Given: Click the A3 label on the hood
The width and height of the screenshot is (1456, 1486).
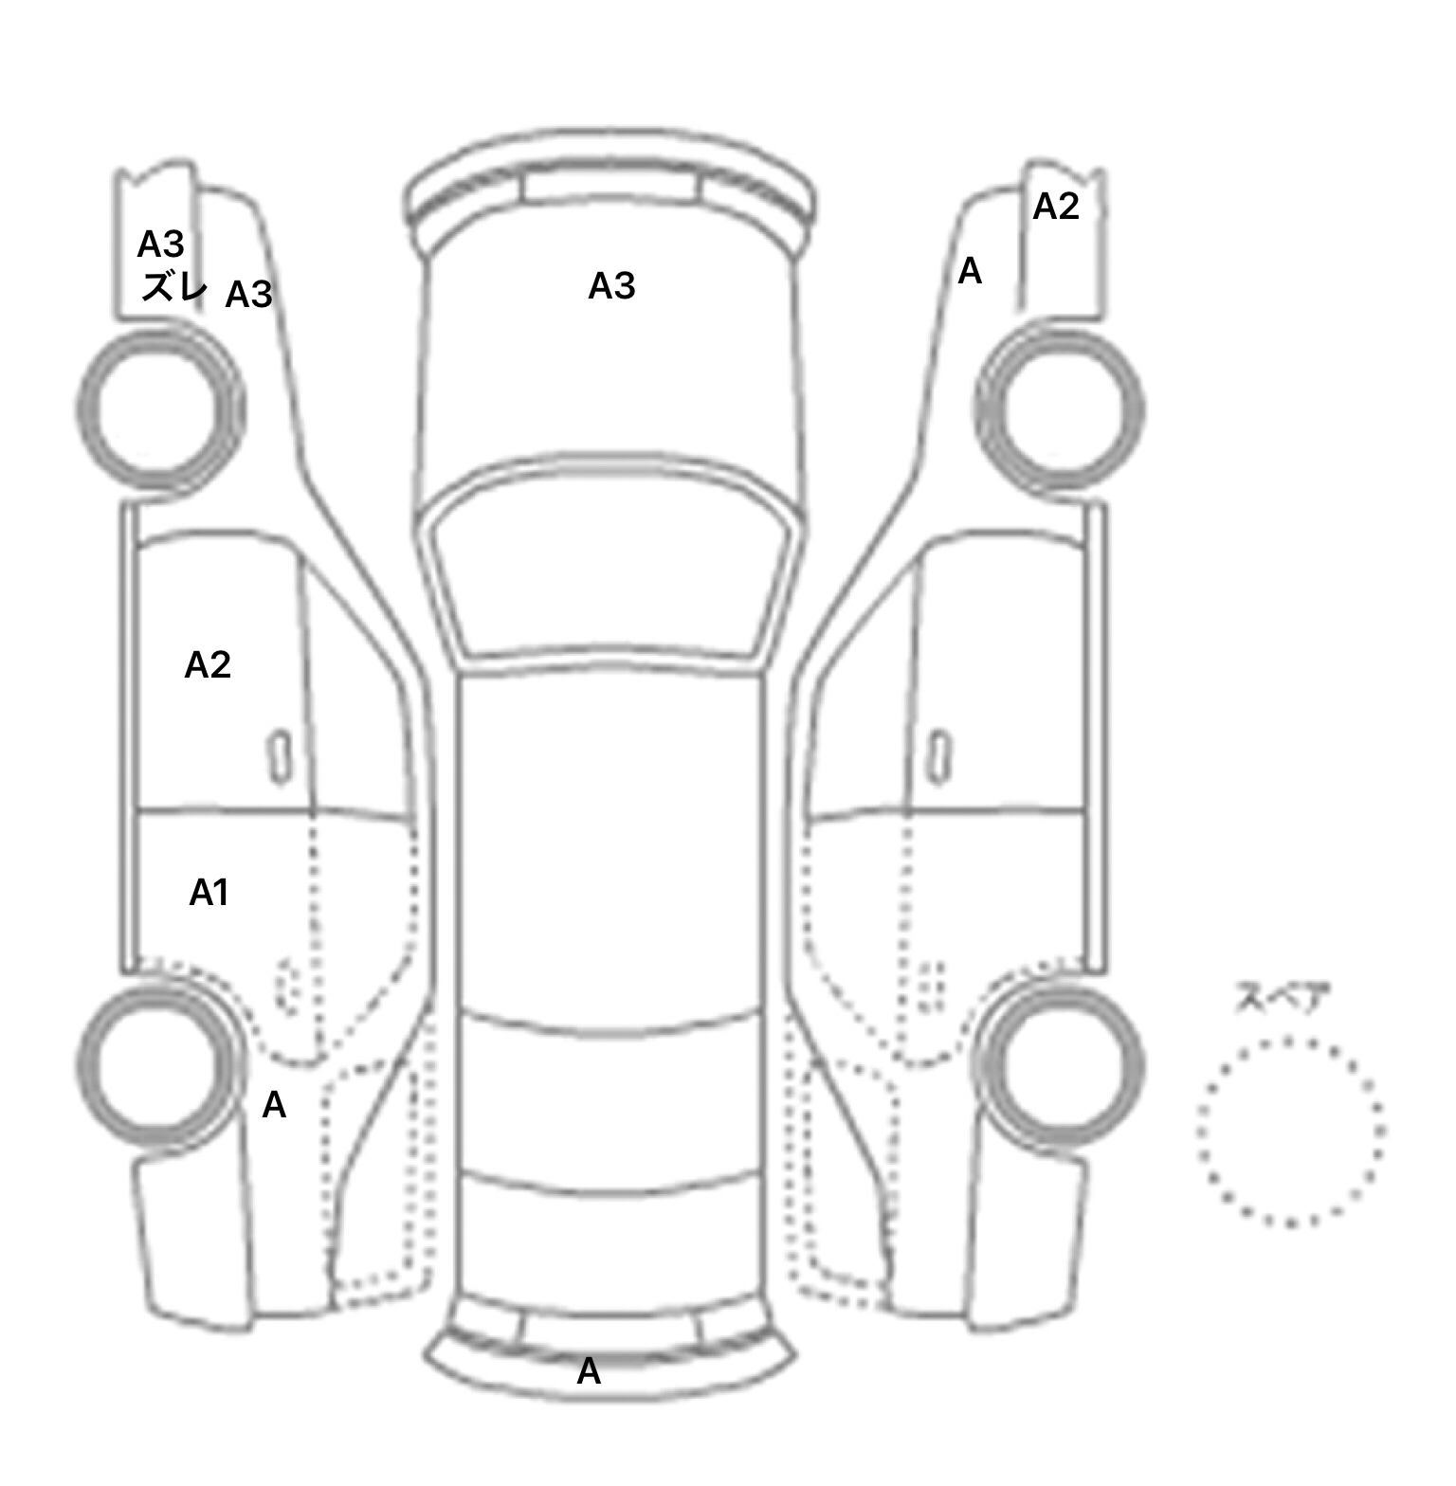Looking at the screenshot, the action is click(611, 285).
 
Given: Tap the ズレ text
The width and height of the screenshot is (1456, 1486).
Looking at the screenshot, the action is click(173, 285).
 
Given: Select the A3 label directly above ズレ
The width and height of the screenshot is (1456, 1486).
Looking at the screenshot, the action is click(160, 245).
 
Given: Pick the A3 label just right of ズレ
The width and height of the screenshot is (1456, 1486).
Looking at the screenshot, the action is click(248, 295).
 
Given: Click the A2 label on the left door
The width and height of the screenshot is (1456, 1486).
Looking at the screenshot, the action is click(208, 665).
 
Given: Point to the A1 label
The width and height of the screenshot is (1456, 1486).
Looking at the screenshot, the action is click(209, 893).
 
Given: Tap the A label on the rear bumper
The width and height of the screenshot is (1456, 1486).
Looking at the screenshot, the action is click(589, 1371).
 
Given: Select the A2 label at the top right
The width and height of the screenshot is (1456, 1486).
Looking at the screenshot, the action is click(1056, 206).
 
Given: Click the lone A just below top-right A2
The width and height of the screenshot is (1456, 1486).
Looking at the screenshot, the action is click(970, 272).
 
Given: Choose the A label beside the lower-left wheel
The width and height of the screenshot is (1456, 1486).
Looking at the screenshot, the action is click(274, 1105).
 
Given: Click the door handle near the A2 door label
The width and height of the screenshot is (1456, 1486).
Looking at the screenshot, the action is click(280, 756).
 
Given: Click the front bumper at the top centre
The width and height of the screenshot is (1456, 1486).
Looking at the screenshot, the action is click(610, 190).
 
